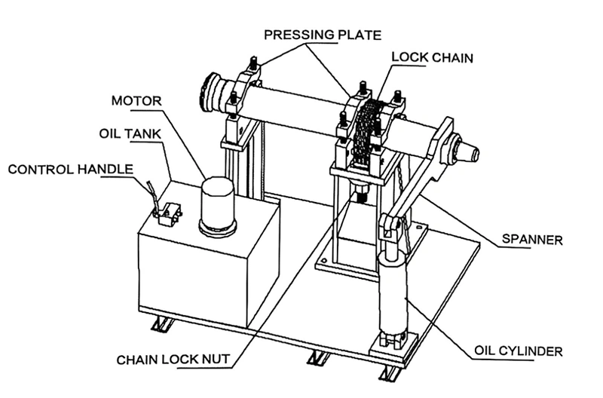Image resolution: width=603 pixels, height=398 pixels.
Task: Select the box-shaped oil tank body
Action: click(204, 271)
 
